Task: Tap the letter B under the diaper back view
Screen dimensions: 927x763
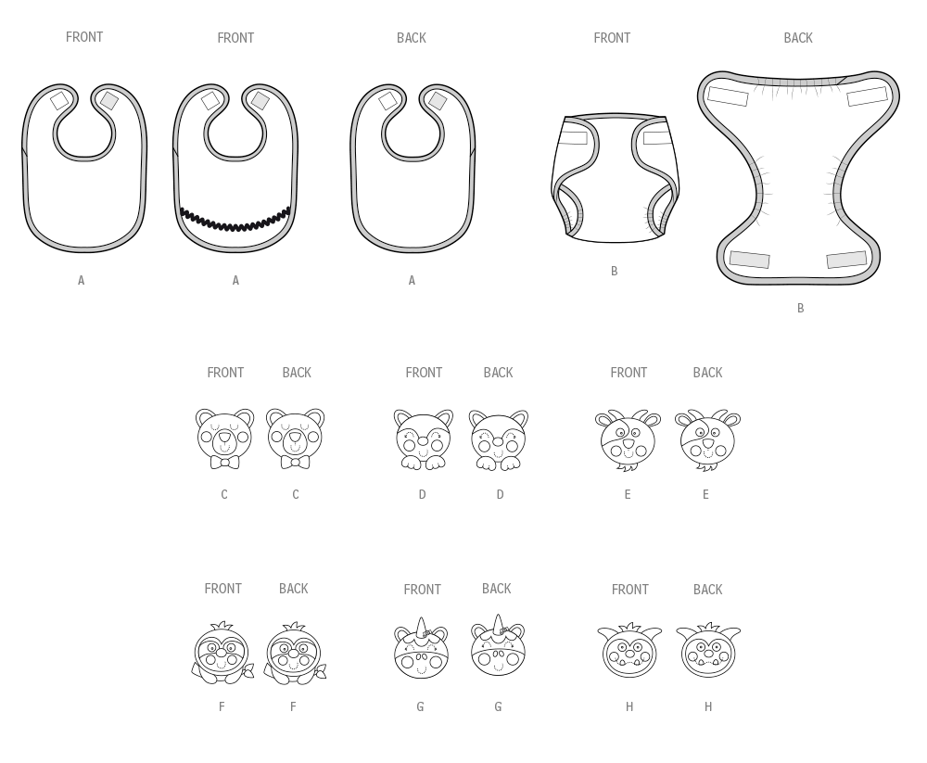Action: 801,308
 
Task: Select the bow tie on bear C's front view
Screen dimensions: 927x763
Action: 224,462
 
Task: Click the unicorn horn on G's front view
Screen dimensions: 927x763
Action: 421,628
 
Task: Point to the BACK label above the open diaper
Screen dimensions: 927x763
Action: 798,38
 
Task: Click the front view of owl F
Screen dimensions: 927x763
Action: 222,653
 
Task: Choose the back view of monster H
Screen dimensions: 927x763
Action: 708,650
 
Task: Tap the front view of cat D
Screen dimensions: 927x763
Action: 424,439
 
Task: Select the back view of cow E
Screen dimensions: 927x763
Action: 707,440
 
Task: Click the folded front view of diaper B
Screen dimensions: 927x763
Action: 615,178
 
